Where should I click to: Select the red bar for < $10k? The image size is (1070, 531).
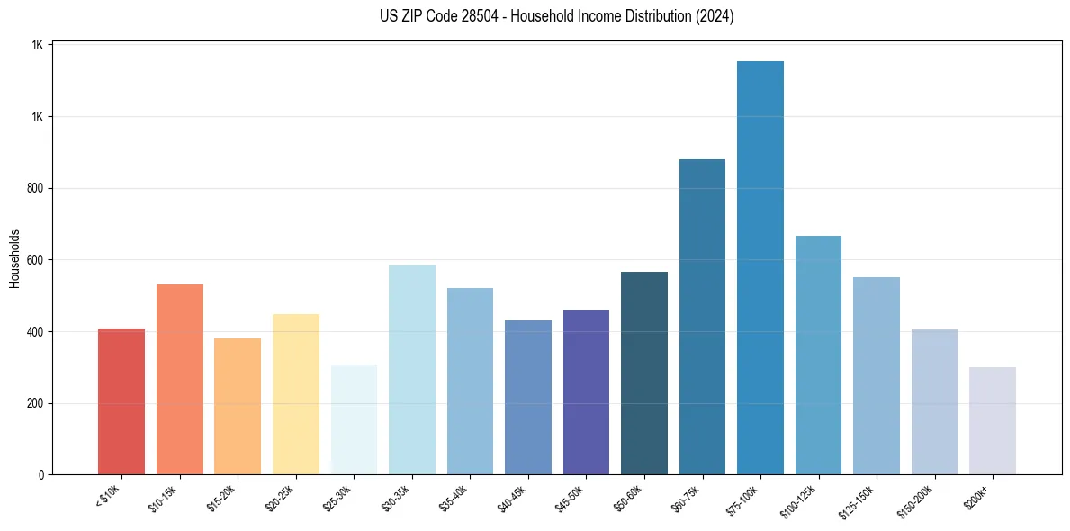[x=121, y=401]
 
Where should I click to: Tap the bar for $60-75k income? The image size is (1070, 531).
[x=702, y=317]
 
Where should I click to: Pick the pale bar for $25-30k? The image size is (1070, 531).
[x=354, y=419]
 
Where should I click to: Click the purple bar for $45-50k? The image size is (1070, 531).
[x=586, y=392]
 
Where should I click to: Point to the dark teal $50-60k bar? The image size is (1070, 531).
[x=644, y=373]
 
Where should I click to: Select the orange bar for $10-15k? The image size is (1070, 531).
[x=180, y=380]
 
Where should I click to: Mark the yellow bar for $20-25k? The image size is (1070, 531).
[x=296, y=394]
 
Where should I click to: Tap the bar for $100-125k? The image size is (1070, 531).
[x=818, y=355]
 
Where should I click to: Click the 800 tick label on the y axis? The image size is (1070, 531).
[x=33, y=189]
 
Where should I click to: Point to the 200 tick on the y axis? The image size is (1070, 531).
[x=33, y=403]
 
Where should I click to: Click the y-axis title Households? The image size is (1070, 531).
[x=14, y=258]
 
